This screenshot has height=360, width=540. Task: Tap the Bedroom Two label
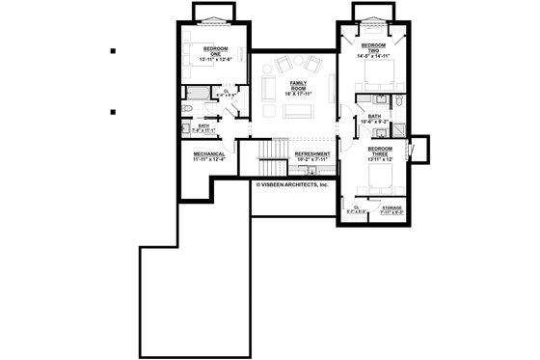(373, 48)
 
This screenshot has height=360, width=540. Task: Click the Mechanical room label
(209, 154)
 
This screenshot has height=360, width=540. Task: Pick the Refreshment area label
(311, 154)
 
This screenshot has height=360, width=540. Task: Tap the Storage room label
(391, 208)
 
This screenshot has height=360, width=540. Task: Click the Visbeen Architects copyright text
(293, 183)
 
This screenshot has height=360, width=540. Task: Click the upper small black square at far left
(113, 51)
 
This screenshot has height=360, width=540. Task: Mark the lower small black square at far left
(113, 112)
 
